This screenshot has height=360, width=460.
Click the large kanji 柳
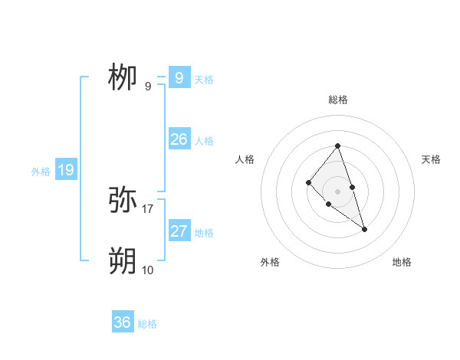coord(123,77)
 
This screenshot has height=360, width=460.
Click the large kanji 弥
coord(123,200)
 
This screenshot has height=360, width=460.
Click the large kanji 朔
coord(123,261)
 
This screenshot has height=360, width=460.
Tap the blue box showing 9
coord(179,77)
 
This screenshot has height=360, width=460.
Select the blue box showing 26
coord(179,139)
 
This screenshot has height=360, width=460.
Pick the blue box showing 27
coord(179,231)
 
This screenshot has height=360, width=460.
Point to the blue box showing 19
coord(65,170)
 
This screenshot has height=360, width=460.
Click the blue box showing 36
coord(123,322)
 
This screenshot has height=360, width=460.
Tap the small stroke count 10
coord(148,270)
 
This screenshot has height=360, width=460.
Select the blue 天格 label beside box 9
coord(204,79)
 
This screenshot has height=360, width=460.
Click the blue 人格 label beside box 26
coord(204,141)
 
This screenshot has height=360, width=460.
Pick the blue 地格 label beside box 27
coord(204,233)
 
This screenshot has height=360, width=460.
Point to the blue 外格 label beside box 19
coord(41,172)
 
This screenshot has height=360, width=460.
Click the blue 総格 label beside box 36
coord(147,324)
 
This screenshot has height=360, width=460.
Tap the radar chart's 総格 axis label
coord(338,100)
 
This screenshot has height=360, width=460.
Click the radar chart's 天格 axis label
coord(431,159)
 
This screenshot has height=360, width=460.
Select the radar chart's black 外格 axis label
coord(270,262)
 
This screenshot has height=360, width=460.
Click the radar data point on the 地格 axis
coord(365,229)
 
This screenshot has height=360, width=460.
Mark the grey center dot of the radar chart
coord(338,191)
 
